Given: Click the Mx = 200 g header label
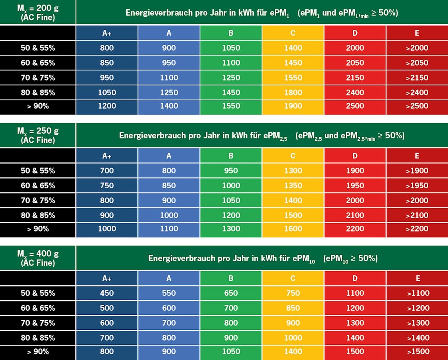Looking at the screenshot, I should [38, 12].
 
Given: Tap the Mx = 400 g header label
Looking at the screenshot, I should [38, 258].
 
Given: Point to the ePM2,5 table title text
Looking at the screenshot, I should [262, 135].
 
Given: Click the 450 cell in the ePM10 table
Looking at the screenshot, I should [107, 293].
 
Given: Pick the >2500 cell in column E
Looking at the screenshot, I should [417, 106].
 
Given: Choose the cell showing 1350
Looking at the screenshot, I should [293, 185].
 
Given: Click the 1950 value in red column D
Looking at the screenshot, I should [355, 185].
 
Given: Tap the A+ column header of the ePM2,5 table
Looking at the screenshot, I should [107, 156].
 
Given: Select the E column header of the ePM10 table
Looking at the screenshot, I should [417, 278].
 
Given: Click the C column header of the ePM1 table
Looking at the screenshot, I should [293, 33].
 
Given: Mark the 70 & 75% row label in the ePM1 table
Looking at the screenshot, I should [38, 78].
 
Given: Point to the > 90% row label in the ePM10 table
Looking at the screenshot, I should [38, 351].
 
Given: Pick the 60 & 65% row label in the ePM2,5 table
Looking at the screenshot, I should [38, 185].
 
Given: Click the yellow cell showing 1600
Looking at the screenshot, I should [293, 229].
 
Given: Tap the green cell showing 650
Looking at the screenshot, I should [231, 293].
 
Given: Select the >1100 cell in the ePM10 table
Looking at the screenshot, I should [417, 293].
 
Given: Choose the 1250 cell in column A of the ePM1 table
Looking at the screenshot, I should [169, 93].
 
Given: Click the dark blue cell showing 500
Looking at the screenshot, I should [107, 308].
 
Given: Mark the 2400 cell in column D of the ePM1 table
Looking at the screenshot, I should [355, 93].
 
